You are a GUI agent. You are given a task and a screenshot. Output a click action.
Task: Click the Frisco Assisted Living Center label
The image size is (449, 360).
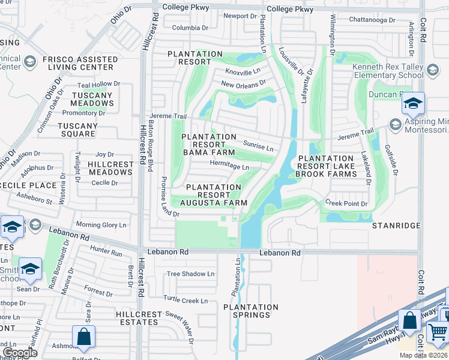(89, 63)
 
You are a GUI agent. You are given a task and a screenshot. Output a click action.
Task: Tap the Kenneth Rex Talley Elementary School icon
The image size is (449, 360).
(432, 71)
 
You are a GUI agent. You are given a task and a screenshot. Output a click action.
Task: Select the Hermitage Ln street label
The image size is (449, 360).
(229, 166)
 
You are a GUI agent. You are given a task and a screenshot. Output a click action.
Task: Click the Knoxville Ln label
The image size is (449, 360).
(243, 71)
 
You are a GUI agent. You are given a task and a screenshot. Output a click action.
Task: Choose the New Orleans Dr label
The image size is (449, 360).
(243, 85)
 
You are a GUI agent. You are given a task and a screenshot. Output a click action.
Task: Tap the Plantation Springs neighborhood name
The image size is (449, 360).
(251, 311)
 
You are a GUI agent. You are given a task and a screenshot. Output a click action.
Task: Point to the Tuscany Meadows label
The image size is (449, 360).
(92, 99)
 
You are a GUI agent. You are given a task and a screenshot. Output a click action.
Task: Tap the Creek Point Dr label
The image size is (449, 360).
(346, 203)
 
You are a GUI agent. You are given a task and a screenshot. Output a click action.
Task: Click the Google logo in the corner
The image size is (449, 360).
(19, 352)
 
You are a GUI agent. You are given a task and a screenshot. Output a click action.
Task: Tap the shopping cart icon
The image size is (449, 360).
(438, 331)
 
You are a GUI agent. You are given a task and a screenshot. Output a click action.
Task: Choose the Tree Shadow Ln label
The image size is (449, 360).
(190, 274)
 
